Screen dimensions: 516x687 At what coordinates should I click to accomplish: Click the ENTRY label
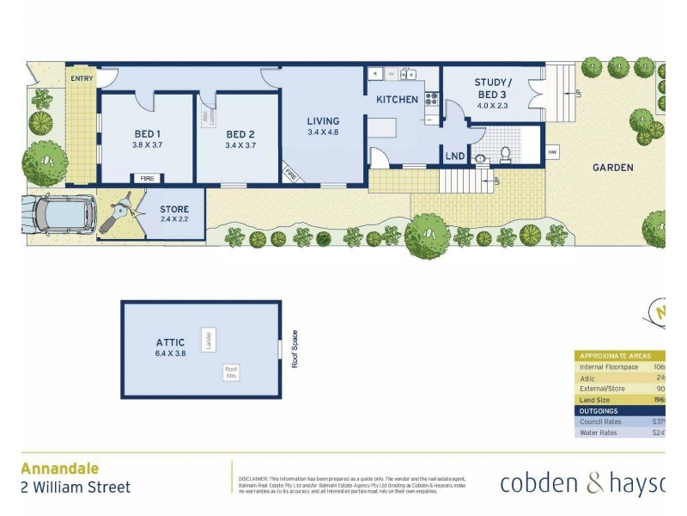tap(82, 78)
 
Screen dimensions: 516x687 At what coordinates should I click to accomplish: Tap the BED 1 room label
tap(147, 134)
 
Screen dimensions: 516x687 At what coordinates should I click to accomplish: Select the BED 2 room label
tap(240, 134)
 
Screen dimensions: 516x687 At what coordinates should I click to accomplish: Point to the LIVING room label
tap(323, 121)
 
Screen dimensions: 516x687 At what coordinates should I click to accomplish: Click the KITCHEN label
tap(397, 100)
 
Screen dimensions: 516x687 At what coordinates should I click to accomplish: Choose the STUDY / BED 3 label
tap(491, 88)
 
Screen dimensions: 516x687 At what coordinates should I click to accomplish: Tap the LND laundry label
tap(453, 157)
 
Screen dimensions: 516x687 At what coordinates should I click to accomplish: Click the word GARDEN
tap(612, 168)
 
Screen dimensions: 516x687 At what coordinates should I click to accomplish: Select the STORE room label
tap(174, 210)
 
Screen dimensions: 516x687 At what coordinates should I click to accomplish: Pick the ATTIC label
tap(170, 342)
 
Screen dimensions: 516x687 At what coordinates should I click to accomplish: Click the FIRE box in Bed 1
tap(147, 178)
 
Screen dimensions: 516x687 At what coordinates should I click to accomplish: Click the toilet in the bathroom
tap(505, 155)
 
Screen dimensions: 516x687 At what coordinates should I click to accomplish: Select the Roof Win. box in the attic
tap(231, 372)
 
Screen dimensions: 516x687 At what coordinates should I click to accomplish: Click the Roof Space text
tap(294, 349)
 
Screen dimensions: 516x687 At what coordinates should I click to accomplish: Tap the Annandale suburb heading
tap(59, 469)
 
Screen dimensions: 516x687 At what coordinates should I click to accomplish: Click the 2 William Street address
tap(76, 488)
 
